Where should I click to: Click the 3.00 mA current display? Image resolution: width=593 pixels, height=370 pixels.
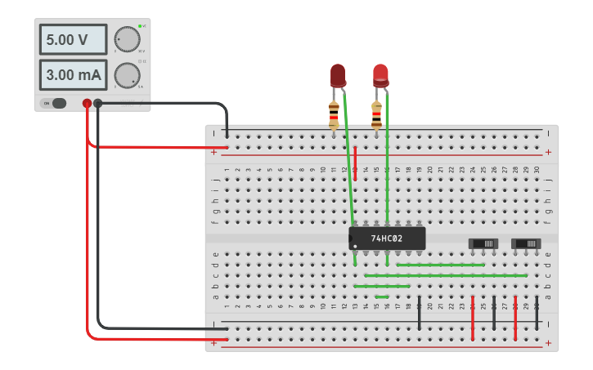click(x=72, y=75)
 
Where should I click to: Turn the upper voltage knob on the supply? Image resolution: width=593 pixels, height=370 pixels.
click(x=127, y=39)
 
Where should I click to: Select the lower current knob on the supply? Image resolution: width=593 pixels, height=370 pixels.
click(x=127, y=75)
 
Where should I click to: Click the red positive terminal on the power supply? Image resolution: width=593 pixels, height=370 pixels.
click(x=87, y=103)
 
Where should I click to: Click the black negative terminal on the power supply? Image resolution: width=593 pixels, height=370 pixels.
click(x=98, y=103)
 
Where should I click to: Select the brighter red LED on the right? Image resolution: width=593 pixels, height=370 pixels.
click(x=380, y=75)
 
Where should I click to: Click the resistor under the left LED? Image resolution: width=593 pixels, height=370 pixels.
click(x=334, y=115)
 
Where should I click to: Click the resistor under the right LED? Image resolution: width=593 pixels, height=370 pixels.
click(x=376, y=115)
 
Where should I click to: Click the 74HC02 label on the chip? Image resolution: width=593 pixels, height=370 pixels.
click(x=386, y=238)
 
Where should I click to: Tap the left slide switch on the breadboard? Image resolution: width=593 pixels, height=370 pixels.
click(x=483, y=243)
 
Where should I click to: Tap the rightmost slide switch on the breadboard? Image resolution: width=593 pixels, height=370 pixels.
click(x=526, y=243)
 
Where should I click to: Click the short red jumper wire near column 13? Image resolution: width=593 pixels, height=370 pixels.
click(x=356, y=163)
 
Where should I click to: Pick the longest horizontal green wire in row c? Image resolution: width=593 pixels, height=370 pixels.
click(x=446, y=275)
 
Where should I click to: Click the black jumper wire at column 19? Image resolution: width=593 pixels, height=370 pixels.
click(x=419, y=314)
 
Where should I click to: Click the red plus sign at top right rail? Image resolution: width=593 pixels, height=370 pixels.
click(x=548, y=152)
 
